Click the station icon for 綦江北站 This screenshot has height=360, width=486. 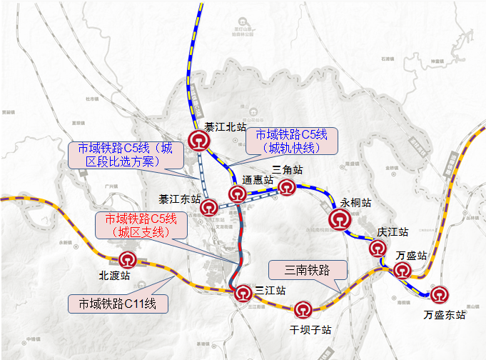200,141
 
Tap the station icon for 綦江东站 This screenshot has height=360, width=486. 209,207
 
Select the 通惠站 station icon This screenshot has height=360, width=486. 238,194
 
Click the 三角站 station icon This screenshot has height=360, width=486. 287,187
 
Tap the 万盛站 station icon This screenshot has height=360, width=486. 403,270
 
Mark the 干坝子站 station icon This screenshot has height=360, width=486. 304,309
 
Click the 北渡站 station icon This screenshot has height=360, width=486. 128,259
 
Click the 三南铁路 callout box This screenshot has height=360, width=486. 307,270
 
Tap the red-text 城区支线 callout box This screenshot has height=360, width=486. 139,225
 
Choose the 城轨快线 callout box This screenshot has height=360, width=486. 290,141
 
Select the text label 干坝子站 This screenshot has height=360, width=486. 311,330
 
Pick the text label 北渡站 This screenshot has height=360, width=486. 114,275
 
